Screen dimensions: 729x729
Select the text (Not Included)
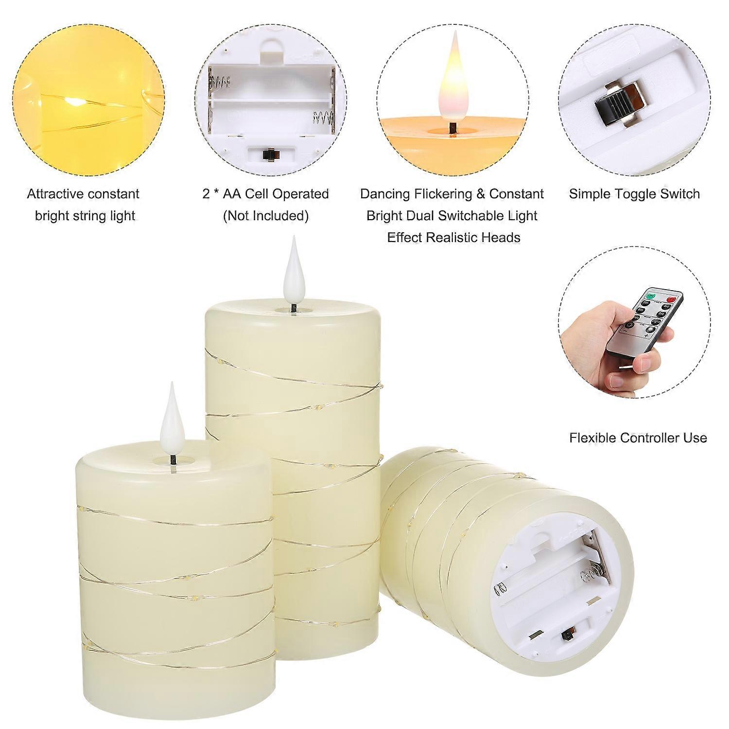(266, 216)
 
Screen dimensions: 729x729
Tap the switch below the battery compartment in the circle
(266, 154)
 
